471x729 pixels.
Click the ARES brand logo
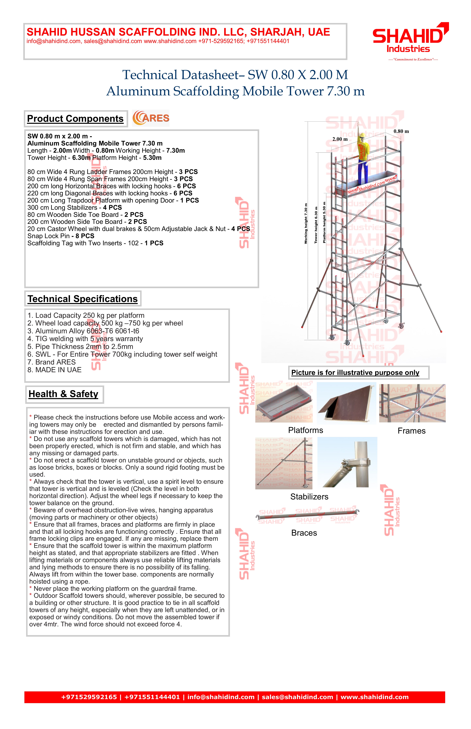(x=151, y=118)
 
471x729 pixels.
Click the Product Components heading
(x=75, y=119)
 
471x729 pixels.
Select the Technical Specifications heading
(x=83, y=299)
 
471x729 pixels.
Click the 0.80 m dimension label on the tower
(x=401, y=131)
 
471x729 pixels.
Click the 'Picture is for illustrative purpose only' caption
(x=355, y=373)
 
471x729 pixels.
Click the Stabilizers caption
(x=309, y=497)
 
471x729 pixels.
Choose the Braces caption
(x=304, y=533)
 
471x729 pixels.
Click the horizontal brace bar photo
(x=307, y=516)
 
